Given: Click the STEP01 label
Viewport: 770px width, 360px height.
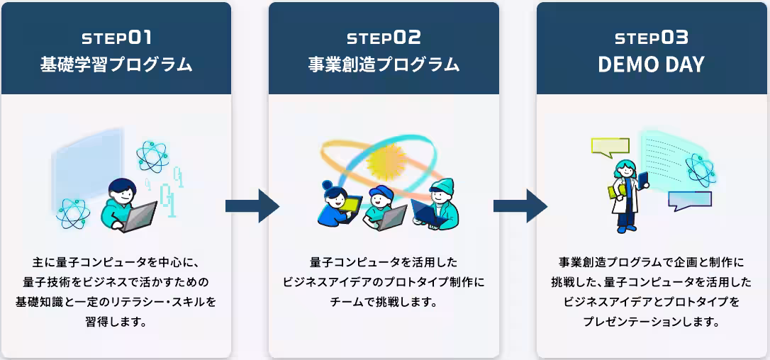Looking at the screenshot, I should click(x=116, y=38).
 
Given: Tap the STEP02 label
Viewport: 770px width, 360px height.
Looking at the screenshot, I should click(x=384, y=38).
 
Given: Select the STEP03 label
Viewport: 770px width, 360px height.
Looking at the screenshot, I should click(x=652, y=38).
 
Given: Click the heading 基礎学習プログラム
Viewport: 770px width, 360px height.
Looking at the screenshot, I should click(x=116, y=64).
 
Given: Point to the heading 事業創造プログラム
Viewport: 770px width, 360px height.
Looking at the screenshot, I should click(x=384, y=64).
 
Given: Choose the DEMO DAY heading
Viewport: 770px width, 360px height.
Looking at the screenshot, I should click(x=652, y=64).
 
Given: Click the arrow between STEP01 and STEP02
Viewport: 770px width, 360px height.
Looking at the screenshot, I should click(x=250, y=206).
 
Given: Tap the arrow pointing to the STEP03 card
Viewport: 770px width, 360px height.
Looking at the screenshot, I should click(x=518, y=206).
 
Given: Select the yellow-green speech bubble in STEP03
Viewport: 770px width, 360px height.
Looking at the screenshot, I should click(x=610, y=147).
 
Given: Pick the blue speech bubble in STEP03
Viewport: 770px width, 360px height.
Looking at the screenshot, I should click(x=688, y=201).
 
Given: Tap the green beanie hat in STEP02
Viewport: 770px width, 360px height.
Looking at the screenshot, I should click(x=442, y=186).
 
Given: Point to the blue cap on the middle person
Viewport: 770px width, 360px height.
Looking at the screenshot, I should click(x=380, y=193).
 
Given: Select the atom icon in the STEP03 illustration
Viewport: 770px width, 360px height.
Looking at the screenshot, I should click(x=700, y=169).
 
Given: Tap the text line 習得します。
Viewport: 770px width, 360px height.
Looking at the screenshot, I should click(x=116, y=322).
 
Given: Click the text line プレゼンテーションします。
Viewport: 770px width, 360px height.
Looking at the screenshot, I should click(x=652, y=322).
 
